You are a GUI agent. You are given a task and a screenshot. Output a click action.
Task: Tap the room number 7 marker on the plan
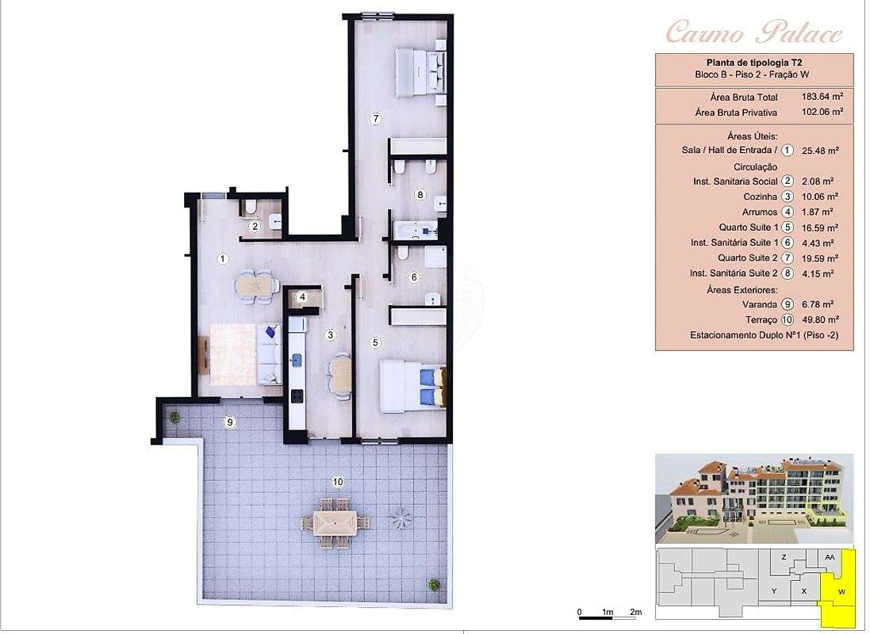pyautogui.click(x=377, y=119)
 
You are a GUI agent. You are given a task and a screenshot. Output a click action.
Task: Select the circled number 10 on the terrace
pyautogui.click(x=337, y=481)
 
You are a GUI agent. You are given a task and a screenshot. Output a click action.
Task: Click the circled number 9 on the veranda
pyautogui.click(x=230, y=422)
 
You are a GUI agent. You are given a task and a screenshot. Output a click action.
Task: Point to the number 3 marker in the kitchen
pyautogui.click(x=331, y=335)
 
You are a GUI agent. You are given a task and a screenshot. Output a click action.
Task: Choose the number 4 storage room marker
pyautogui.click(x=301, y=298)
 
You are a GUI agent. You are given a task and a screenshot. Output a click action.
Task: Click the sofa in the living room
pyautogui.click(x=270, y=353)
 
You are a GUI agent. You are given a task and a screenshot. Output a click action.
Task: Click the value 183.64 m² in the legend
pyautogui.click(x=820, y=97)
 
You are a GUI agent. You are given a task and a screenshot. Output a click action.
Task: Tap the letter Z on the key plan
pyautogui.click(x=784, y=557)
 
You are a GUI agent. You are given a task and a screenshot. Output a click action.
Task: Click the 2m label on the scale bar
pyautogui.click(x=635, y=613)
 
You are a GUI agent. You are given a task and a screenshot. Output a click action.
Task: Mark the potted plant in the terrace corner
pyautogui.click(x=434, y=585)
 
